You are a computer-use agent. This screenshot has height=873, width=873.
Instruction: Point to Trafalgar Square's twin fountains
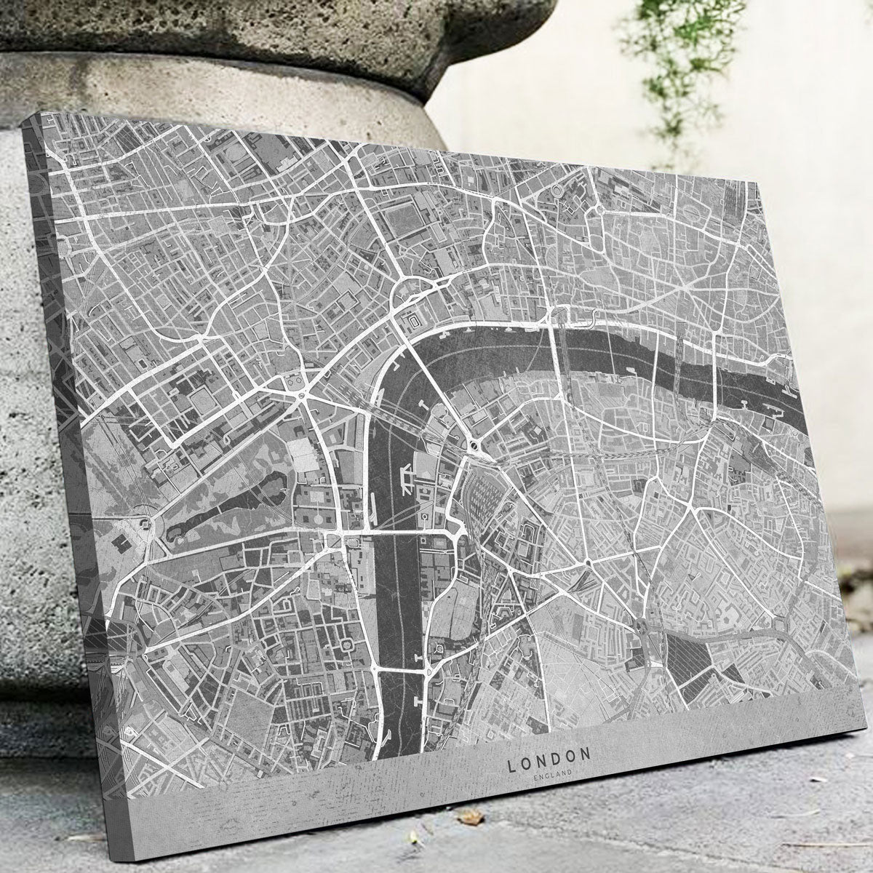click(x=292, y=380)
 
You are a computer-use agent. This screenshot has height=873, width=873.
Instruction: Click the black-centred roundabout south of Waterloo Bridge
click(x=475, y=445)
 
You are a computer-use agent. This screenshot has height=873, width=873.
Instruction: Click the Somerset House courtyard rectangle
click(x=412, y=321)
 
